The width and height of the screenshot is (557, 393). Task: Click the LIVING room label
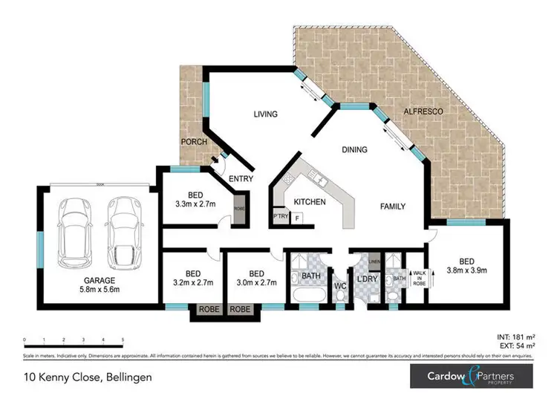coord(265,114)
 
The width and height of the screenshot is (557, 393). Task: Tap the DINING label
coord(354,150)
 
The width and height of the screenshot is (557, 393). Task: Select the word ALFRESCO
coord(423,111)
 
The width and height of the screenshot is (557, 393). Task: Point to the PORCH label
coord(193,141)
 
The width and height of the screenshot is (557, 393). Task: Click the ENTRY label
coord(241,178)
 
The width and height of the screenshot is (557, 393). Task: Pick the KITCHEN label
coord(310,202)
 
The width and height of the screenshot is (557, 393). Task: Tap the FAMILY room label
coord(394,207)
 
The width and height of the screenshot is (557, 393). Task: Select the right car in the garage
coord(123,232)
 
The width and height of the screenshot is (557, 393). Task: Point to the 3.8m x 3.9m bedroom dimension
coord(466,270)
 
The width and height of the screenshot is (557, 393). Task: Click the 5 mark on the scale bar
coord(123,339)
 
